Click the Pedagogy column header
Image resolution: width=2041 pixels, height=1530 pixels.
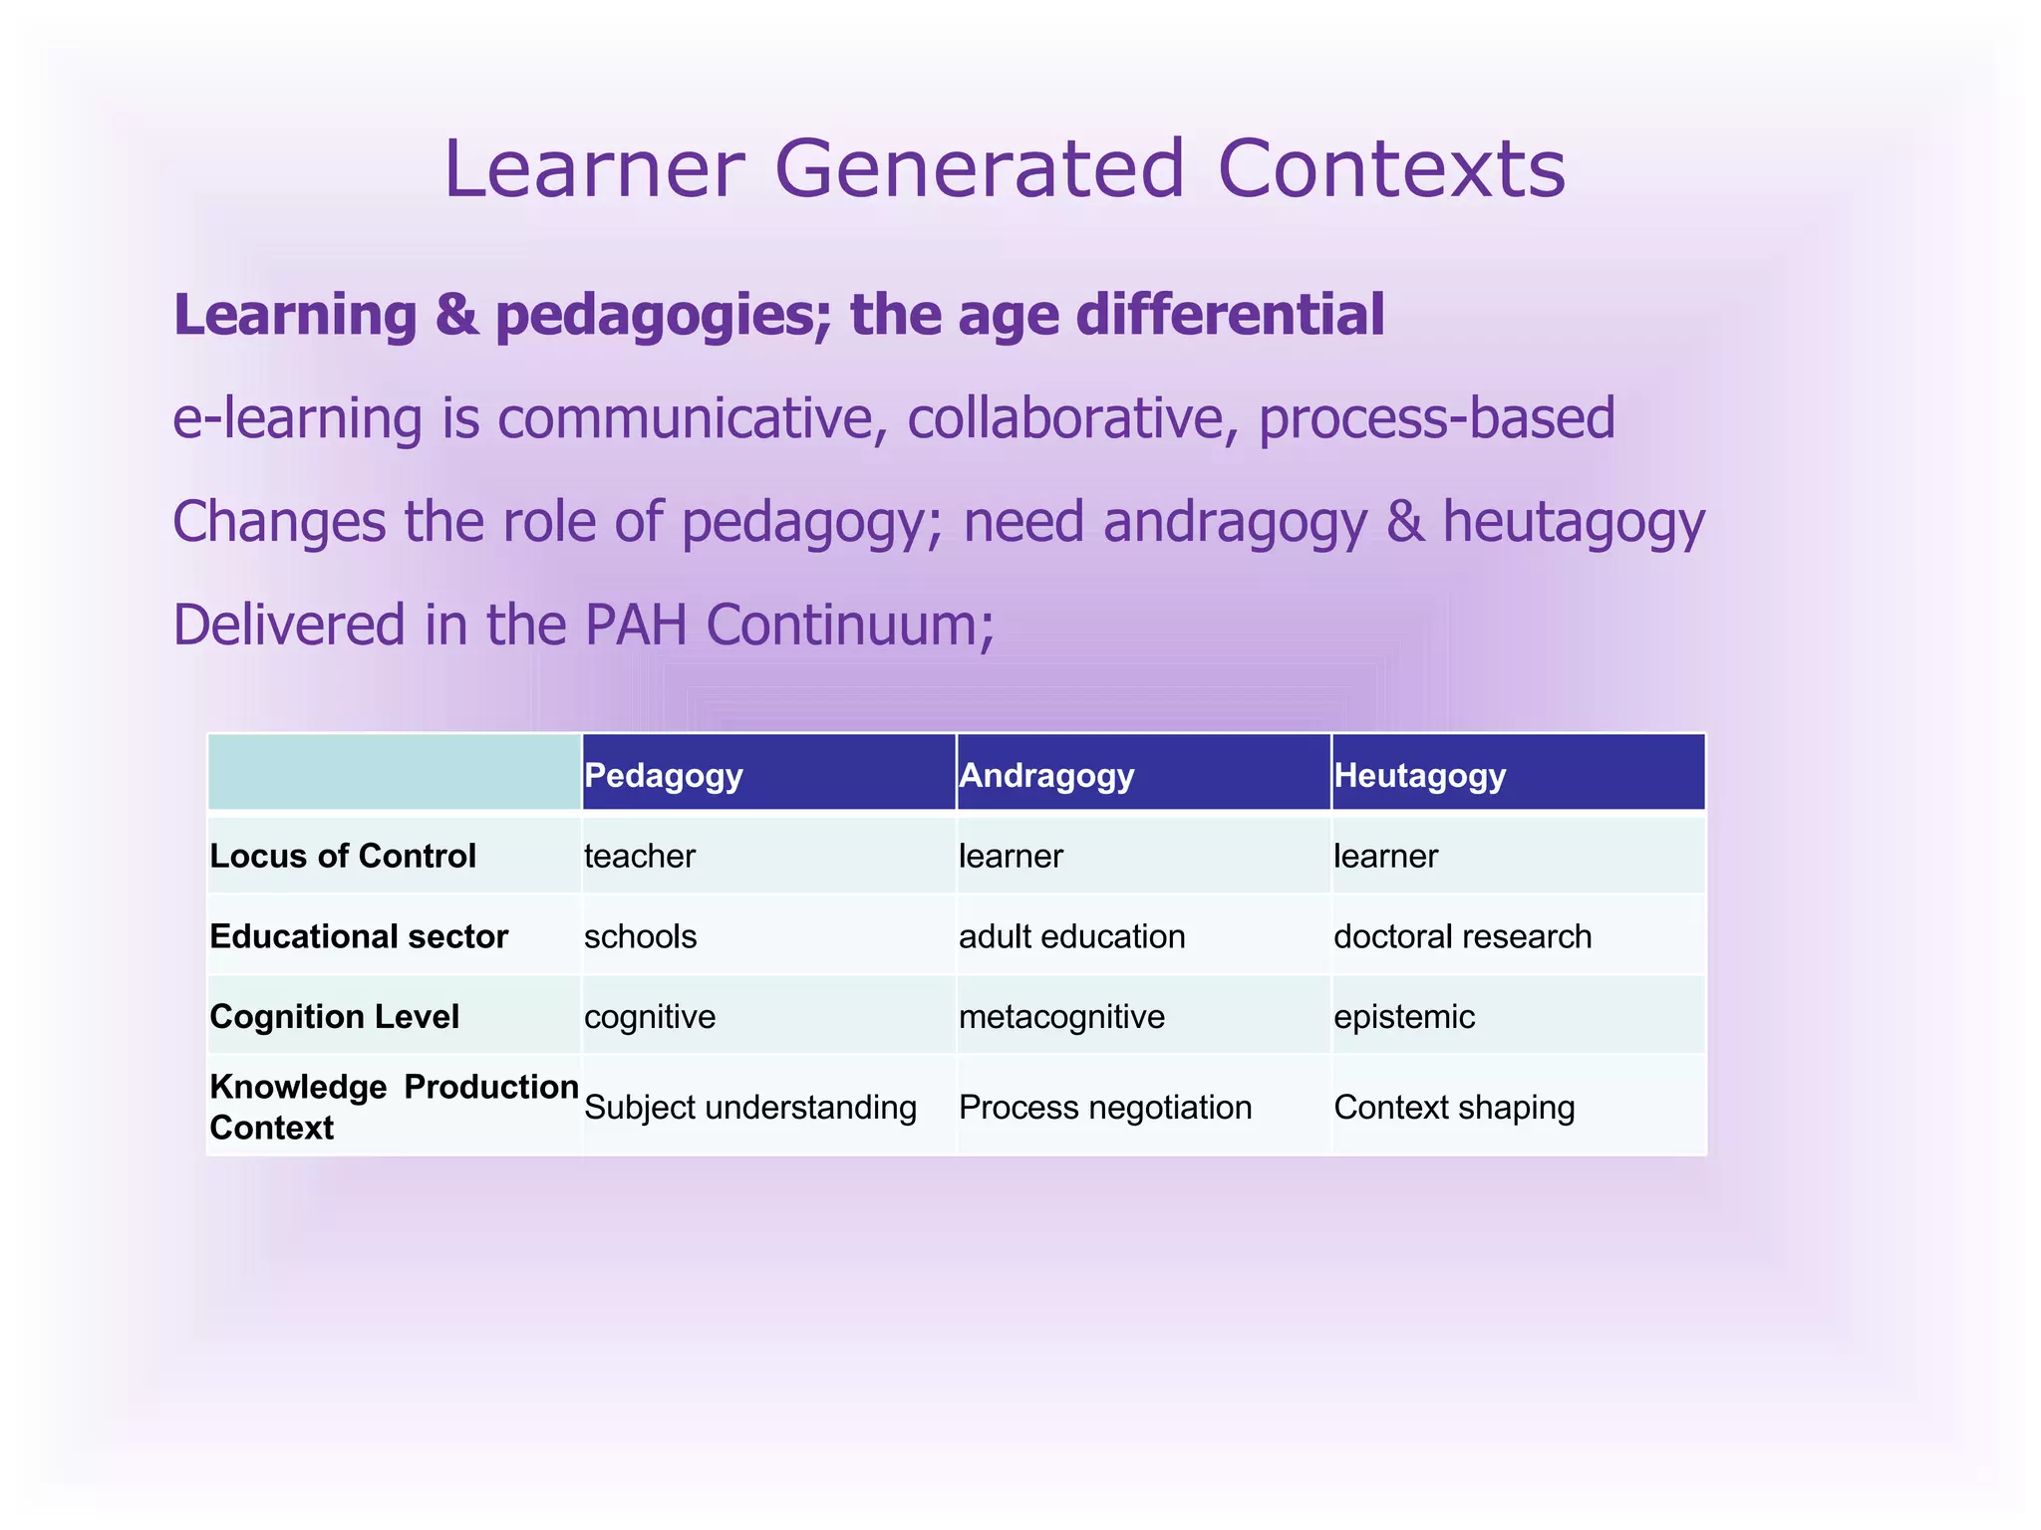point(664,775)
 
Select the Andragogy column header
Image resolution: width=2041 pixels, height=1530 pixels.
point(1046,775)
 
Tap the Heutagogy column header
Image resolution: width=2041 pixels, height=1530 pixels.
point(1419,775)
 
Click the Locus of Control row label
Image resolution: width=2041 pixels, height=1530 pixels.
point(343,856)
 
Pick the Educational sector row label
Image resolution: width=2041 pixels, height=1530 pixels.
point(359,936)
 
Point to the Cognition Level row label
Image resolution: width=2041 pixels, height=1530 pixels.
point(335,1016)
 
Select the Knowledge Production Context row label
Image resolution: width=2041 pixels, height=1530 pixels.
point(393,1106)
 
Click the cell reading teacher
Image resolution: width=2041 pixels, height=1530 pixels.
point(640,856)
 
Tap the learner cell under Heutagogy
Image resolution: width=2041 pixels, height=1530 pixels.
point(1385,856)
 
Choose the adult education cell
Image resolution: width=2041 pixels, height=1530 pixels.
point(1071,936)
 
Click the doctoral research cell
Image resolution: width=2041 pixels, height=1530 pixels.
point(1462,936)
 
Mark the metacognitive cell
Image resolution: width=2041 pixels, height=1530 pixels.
point(1061,1016)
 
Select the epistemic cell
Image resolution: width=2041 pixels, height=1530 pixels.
point(1404,1016)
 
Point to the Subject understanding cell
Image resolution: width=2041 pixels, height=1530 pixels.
point(750,1107)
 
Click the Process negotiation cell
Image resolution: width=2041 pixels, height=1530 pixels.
point(1105,1107)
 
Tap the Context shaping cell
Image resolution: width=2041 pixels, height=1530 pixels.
point(1454,1107)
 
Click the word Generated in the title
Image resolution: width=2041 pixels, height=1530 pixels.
point(981,169)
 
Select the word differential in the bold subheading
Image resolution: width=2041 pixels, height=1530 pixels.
point(1230,315)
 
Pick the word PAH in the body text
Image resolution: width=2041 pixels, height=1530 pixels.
point(636,626)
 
